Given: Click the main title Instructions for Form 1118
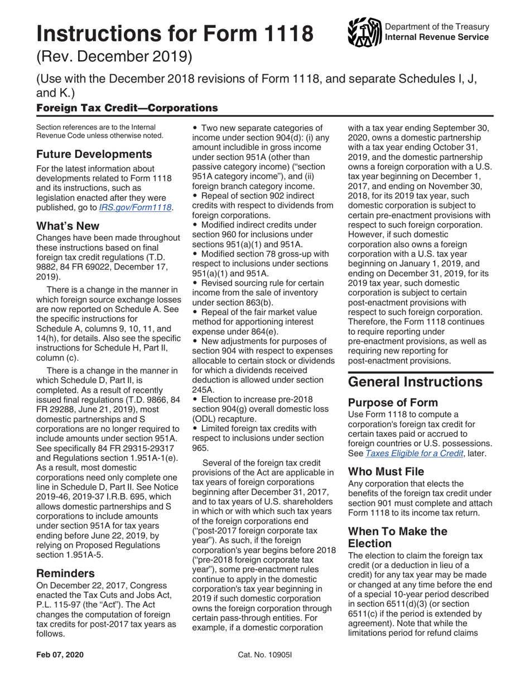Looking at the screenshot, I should click(175, 34).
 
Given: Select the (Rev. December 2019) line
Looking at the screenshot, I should click(114, 57).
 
